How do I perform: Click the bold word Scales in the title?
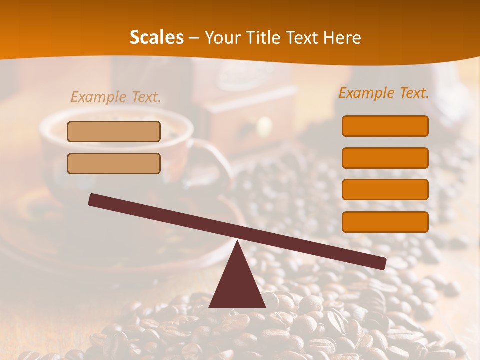[x=156, y=38]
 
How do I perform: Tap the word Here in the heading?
[x=342, y=38]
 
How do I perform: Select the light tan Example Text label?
[x=116, y=97]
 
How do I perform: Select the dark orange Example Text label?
[x=384, y=93]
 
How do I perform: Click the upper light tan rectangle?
[x=114, y=131]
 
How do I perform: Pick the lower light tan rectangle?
[x=114, y=163]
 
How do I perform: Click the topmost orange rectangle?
[x=385, y=126]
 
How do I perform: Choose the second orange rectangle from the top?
[x=385, y=158]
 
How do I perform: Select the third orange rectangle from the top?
[x=385, y=190]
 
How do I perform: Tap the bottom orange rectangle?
[x=385, y=222]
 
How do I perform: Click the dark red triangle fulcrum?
[x=237, y=285]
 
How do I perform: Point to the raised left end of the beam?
[x=93, y=199]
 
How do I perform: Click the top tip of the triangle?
[x=237, y=242]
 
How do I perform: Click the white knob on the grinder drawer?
[x=264, y=126]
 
